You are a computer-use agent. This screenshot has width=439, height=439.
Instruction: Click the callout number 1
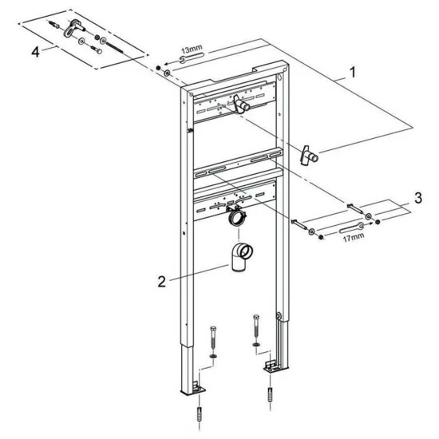point(353,72)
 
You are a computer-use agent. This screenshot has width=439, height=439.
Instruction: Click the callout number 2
point(162,282)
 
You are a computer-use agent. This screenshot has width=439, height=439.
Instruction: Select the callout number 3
point(418,198)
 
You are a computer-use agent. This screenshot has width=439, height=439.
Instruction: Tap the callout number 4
point(35,52)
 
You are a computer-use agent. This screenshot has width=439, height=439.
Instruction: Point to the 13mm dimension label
point(192,49)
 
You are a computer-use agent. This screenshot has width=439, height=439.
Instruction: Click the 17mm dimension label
point(354,238)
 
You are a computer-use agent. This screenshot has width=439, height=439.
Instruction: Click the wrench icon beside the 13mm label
point(192,57)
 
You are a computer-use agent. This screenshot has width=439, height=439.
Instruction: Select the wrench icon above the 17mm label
point(352,227)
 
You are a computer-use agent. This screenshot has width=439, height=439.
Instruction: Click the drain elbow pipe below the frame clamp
point(241,257)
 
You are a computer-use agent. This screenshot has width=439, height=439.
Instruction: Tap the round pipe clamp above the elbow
point(236,215)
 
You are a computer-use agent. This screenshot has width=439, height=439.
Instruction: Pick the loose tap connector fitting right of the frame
point(308,156)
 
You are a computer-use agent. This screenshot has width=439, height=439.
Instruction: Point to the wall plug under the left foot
point(199,414)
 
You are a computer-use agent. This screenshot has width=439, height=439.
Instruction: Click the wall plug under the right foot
point(270,394)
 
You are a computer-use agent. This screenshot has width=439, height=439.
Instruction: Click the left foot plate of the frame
point(194,390)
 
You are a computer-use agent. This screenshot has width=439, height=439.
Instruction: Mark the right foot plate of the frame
point(275,367)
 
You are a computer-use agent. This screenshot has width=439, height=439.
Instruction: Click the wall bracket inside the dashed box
point(73,28)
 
